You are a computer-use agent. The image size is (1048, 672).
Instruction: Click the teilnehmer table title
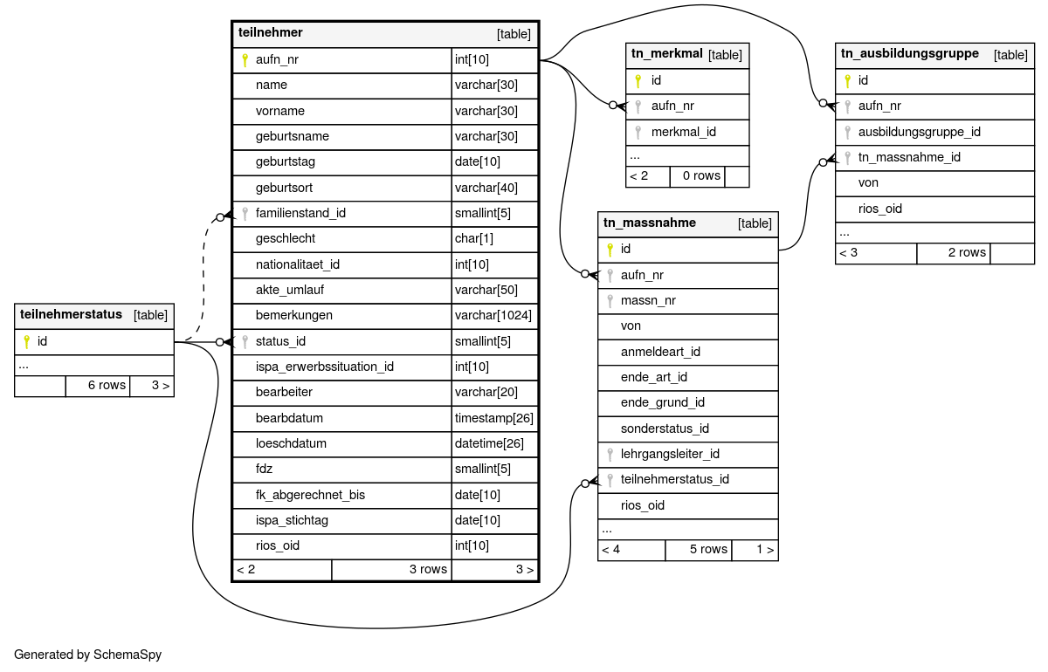tap(271, 33)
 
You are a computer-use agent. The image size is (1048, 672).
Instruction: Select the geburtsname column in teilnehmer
tap(293, 137)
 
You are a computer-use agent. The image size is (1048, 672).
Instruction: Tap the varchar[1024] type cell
tap(493, 316)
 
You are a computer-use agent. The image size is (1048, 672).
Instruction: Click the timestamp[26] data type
tap(493, 418)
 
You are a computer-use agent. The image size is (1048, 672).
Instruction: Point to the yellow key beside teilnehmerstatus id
tap(26, 341)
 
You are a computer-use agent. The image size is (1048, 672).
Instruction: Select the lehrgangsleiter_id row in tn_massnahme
tap(670, 454)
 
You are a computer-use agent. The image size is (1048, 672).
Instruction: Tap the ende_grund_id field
tap(663, 403)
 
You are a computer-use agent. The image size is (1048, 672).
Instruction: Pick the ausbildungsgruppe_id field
tap(920, 132)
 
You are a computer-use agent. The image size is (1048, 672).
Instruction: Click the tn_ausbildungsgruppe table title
tap(909, 54)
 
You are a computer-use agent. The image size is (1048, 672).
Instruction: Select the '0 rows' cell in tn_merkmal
tap(701, 176)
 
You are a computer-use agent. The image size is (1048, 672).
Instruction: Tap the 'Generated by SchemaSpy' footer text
tap(88, 655)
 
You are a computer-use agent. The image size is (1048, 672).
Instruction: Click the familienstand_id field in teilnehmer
tap(300, 214)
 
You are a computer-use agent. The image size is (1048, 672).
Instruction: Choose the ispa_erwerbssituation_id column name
tap(325, 367)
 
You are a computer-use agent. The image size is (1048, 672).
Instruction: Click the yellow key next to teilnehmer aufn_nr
tap(245, 60)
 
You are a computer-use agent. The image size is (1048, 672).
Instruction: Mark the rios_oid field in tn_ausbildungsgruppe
tap(880, 209)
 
